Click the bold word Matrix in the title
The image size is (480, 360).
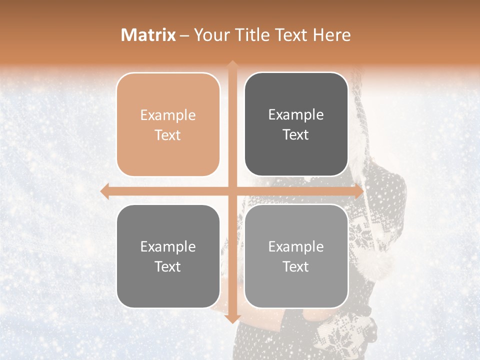click(x=148, y=35)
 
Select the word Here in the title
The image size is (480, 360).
click(x=331, y=35)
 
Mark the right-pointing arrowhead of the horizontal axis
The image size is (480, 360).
click(x=358, y=191)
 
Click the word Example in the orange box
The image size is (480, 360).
click(x=168, y=115)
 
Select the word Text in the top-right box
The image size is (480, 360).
click(x=296, y=135)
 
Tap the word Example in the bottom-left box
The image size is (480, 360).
click(x=168, y=247)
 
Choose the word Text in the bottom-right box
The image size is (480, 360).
click(x=296, y=266)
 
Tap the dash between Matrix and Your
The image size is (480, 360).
click(x=184, y=35)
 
